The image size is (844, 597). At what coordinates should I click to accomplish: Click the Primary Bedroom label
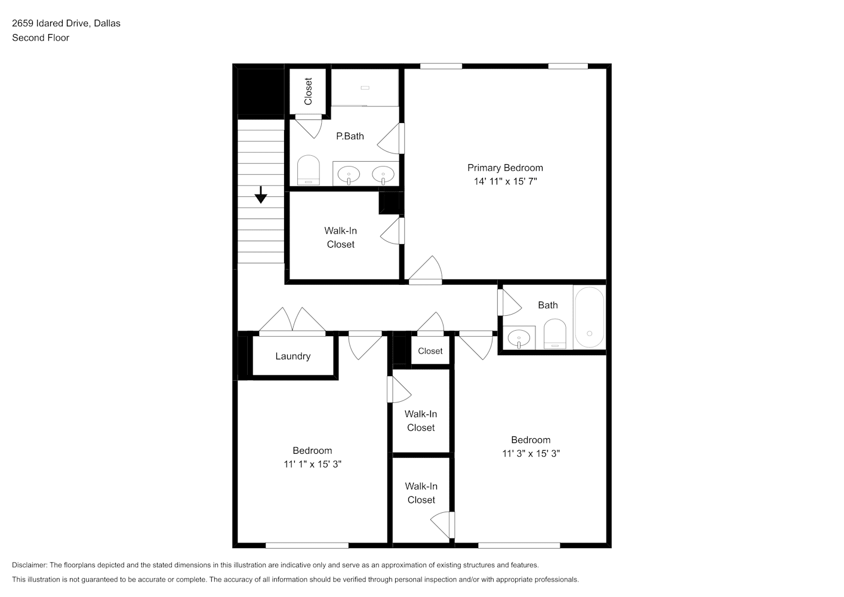[x=505, y=168]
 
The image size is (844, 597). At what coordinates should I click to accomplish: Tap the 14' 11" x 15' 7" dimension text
[x=505, y=181]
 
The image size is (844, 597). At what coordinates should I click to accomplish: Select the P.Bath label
[x=350, y=136]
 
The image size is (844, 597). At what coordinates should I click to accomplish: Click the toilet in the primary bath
[x=308, y=170]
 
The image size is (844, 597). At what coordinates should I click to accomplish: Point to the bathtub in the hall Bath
[x=589, y=317]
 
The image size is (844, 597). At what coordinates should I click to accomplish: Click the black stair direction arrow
[x=261, y=195]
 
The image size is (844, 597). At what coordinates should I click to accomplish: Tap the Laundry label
[x=292, y=356]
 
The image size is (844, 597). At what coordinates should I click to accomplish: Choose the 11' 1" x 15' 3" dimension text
[x=312, y=464]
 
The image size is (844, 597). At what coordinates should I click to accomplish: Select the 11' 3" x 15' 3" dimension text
[x=531, y=454]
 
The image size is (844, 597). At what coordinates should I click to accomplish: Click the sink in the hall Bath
[x=519, y=338]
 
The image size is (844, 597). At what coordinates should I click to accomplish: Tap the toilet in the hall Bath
[x=555, y=334]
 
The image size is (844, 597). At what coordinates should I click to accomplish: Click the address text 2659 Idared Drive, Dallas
[x=66, y=23]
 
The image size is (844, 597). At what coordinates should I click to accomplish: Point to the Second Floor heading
[x=41, y=38]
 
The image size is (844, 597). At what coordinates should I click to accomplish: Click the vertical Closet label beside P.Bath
[x=308, y=91]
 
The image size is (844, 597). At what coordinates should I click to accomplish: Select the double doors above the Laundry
[x=292, y=321]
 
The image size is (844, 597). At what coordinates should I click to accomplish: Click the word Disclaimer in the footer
[x=30, y=565]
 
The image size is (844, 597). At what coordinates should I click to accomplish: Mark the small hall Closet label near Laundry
[x=430, y=351]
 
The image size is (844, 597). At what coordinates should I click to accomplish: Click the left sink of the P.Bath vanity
[x=349, y=175]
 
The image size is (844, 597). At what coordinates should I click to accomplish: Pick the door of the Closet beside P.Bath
[x=309, y=127]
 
